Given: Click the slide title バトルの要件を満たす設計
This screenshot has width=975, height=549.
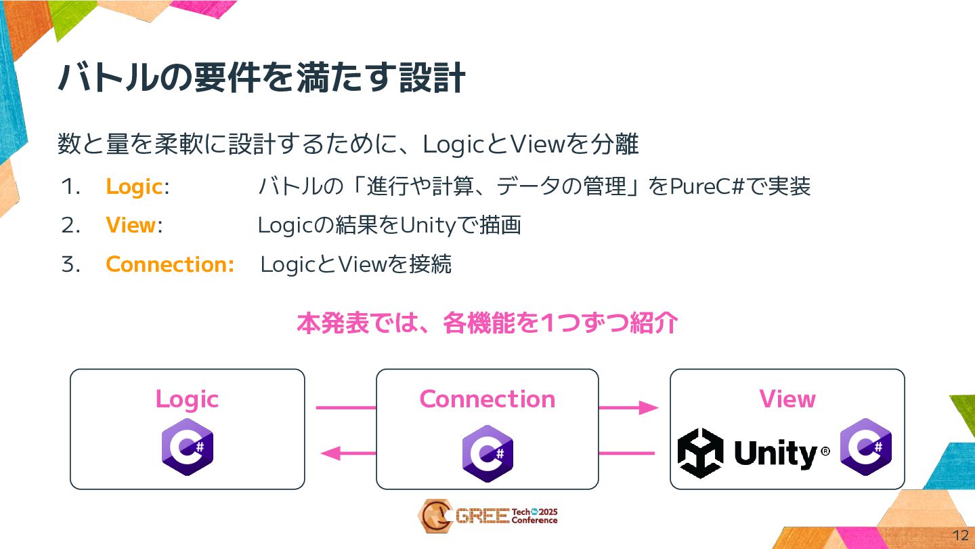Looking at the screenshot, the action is click(x=261, y=79).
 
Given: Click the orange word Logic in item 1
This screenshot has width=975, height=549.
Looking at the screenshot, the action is click(x=133, y=187).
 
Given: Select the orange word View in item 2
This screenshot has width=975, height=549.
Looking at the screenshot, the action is click(x=131, y=226).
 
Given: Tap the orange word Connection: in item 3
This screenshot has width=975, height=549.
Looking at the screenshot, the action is click(x=170, y=264).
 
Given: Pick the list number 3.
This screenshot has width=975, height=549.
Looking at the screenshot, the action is click(x=70, y=264).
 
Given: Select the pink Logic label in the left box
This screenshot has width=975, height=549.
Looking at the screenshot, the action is click(x=187, y=399).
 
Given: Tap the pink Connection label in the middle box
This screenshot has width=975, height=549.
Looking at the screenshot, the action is click(x=487, y=399).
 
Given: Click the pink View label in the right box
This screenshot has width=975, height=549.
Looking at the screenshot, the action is click(x=787, y=399).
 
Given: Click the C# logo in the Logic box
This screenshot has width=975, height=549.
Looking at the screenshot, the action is click(x=188, y=447).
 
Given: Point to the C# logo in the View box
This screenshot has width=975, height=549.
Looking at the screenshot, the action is click(x=866, y=447).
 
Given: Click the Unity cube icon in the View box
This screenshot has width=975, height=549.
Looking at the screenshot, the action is click(x=700, y=453).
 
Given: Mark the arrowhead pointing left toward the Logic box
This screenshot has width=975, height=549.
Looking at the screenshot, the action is click(x=330, y=453).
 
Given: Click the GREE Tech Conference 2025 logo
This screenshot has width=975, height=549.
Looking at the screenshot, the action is click(x=487, y=516).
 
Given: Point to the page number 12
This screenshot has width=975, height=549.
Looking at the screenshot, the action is click(x=960, y=535).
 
